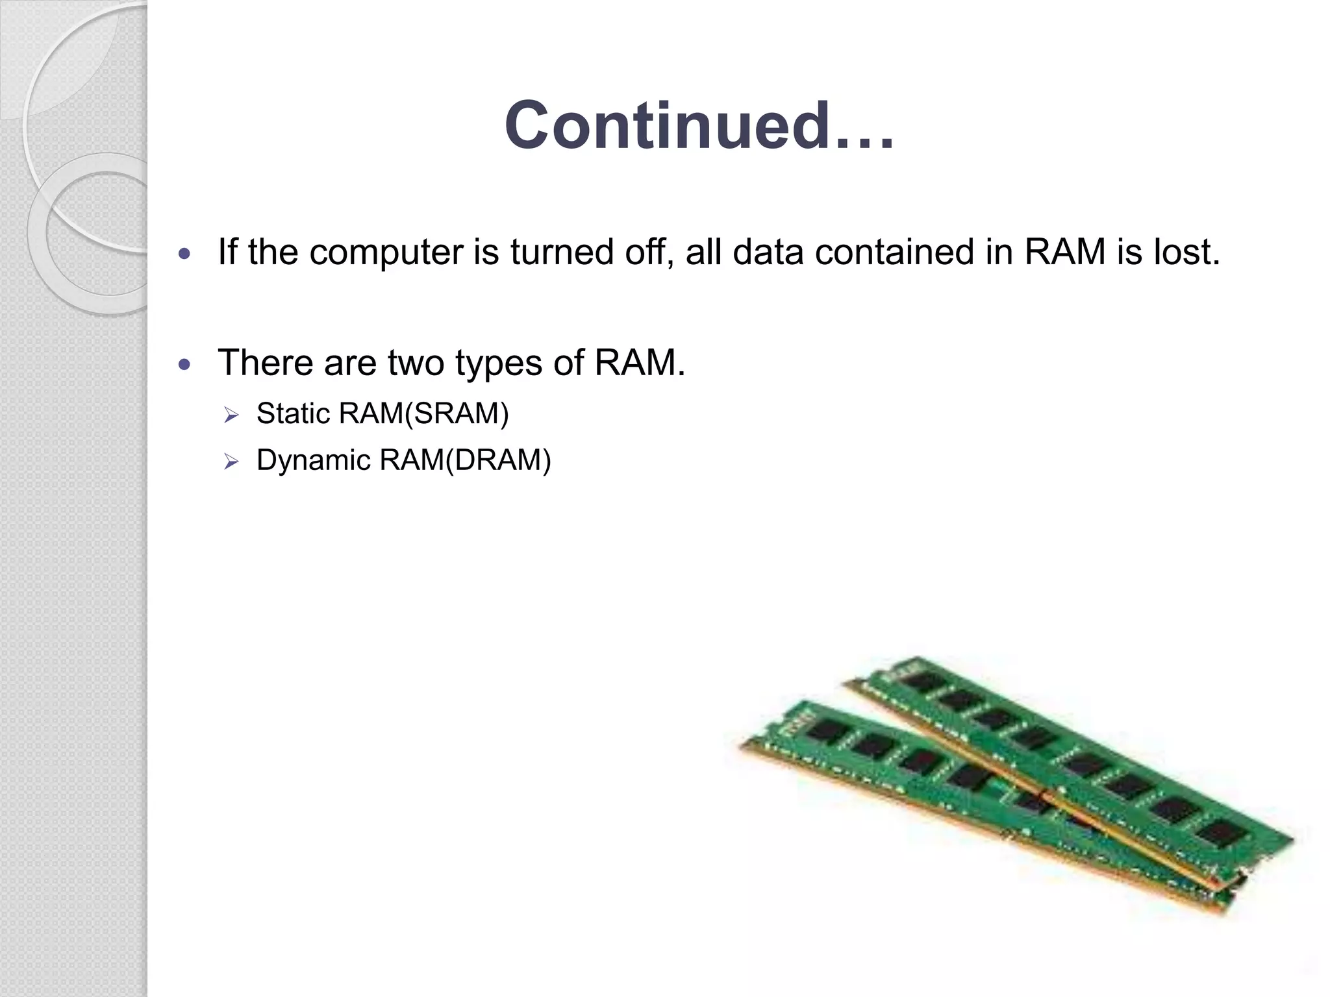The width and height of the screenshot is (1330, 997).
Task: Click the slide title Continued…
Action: point(699,126)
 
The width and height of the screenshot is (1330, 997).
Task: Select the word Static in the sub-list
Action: point(293,414)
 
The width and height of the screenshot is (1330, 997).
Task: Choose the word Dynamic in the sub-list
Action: point(313,461)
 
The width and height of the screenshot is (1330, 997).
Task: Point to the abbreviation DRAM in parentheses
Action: point(498,461)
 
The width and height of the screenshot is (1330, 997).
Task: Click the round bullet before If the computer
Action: point(185,254)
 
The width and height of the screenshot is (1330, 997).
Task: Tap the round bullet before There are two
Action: point(185,365)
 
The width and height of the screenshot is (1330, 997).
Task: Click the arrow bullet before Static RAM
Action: point(232,415)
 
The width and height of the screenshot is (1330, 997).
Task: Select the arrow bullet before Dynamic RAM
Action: point(232,462)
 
